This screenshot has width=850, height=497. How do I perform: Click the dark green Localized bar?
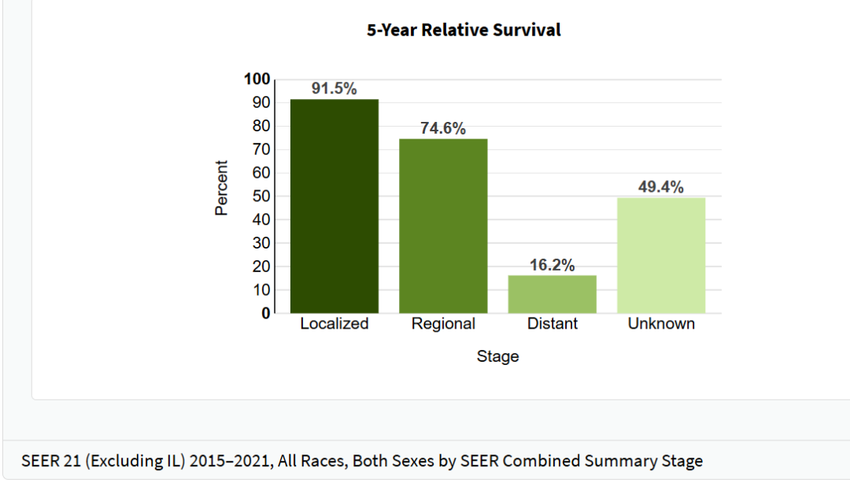(x=334, y=206)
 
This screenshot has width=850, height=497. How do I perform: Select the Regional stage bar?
(x=443, y=226)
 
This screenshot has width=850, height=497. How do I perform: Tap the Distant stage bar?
(x=552, y=294)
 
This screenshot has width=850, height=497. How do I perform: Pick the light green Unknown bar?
(x=661, y=255)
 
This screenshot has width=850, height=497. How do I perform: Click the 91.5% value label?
(x=334, y=89)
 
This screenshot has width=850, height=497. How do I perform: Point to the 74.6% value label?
(x=443, y=128)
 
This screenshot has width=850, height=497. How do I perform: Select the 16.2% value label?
(x=552, y=265)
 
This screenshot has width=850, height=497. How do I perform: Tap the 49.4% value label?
(x=661, y=187)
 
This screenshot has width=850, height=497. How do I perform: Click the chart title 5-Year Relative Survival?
(x=464, y=31)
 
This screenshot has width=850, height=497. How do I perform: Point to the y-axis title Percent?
(x=222, y=188)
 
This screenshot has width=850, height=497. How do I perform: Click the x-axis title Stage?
(x=497, y=356)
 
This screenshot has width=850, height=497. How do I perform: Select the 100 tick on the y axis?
(x=257, y=79)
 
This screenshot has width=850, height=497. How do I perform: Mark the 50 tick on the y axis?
(x=261, y=196)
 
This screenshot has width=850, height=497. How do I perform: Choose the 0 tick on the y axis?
(x=265, y=313)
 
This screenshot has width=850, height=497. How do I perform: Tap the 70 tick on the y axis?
(x=261, y=149)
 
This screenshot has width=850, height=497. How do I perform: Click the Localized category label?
(x=334, y=324)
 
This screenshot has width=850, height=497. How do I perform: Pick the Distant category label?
(x=552, y=324)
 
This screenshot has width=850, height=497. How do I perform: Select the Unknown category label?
(x=661, y=324)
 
